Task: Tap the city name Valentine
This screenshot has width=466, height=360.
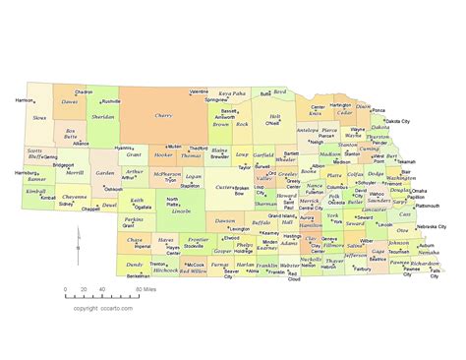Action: tap(200, 90)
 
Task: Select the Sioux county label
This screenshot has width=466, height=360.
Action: tap(39, 117)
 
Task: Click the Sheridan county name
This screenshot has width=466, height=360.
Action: tap(102, 115)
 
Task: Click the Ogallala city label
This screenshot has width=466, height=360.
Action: tap(144, 208)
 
